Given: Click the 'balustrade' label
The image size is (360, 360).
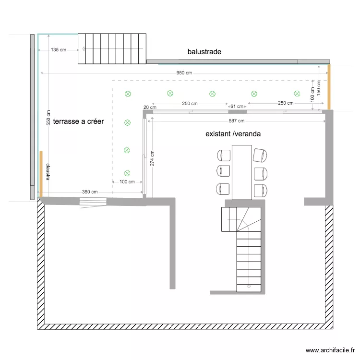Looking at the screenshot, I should pyautogui.click(x=204, y=52).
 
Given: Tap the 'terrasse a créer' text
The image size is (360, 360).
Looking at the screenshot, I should pyautogui.click(x=78, y=122).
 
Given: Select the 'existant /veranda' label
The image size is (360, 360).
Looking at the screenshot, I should pyautogui.click(x=233, y=134).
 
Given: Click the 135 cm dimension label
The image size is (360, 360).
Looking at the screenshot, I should pyautogui.click(x=59, y=49).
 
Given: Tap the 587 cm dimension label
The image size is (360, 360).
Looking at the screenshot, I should pyautogui.click(x=237, y=121).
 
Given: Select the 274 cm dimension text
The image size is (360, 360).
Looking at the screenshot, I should pyautogui.click(x=152, y=158).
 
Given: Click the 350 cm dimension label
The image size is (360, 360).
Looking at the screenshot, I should pyautogui.click(x=90, y=192).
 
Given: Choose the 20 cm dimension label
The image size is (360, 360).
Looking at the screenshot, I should pyautogui.click(x=150, y=108).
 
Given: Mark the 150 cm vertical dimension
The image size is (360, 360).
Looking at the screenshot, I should pyautogui.click(x=319, y=87).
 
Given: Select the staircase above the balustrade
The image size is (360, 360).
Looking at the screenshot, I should pyautogui.click(x=112, y=48).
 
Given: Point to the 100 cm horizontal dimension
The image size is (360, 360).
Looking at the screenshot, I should pyautogui.click(x=127, y=182).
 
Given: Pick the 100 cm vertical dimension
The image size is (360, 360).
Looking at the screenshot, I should pyautogui.click(x=312, y=95).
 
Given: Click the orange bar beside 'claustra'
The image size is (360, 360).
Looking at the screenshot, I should pyautogui.click(x=41, y=174).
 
